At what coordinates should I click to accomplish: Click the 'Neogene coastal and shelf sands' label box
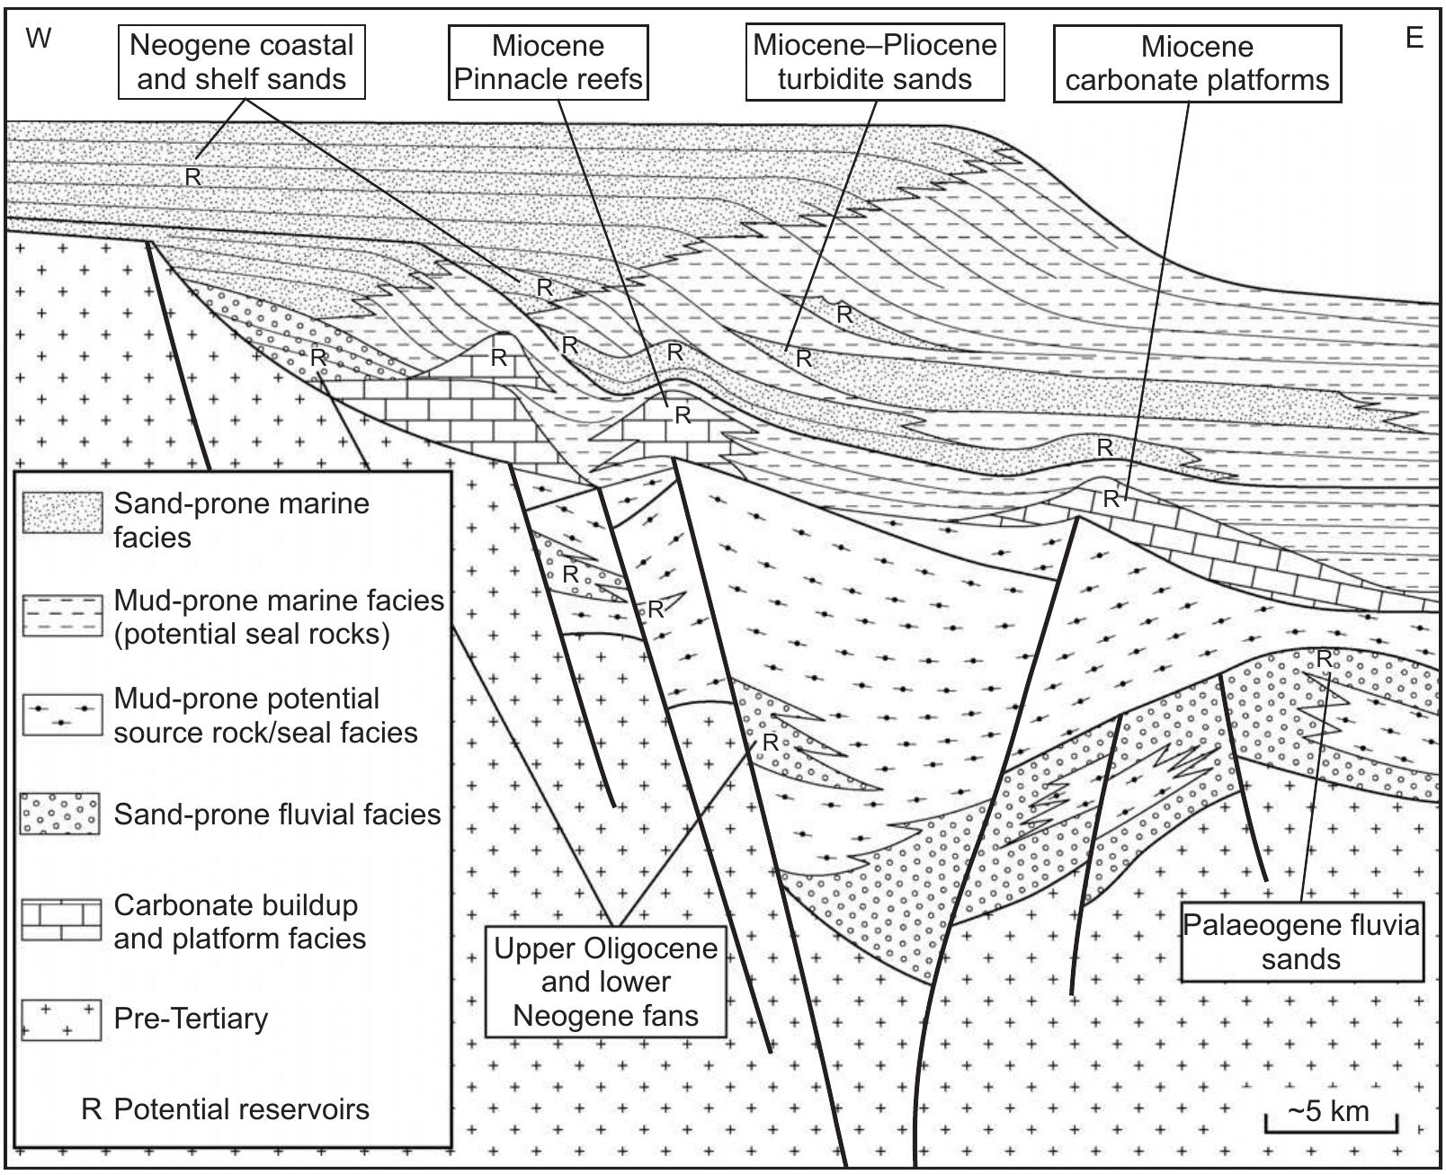(x=242, y=62)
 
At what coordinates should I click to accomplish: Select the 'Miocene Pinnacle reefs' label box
(x=548, y=62)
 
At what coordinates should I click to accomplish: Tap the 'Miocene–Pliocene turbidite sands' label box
(x=874, y=62)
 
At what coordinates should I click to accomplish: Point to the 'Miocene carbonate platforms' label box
(x=1197, y=63)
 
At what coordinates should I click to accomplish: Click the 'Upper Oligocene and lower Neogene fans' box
(x=605, y=982)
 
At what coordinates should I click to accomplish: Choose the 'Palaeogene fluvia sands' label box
(x=1301, y=941)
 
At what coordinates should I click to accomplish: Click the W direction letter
(x=38, y=39)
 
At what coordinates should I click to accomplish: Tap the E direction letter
(x=1414, y=39)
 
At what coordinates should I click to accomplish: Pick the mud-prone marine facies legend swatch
(x=61, y=616)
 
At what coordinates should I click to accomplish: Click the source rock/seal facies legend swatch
(x=61, y=715)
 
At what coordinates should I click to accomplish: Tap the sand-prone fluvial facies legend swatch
(x=61, y=814)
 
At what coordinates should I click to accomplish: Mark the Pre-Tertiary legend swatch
(x=61, y=1020)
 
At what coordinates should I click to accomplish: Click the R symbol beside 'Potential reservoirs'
(x=92, y=1109)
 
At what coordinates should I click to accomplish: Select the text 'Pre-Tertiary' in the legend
(x=191, y=1019)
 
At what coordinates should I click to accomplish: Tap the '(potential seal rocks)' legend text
(x=253, y=634)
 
